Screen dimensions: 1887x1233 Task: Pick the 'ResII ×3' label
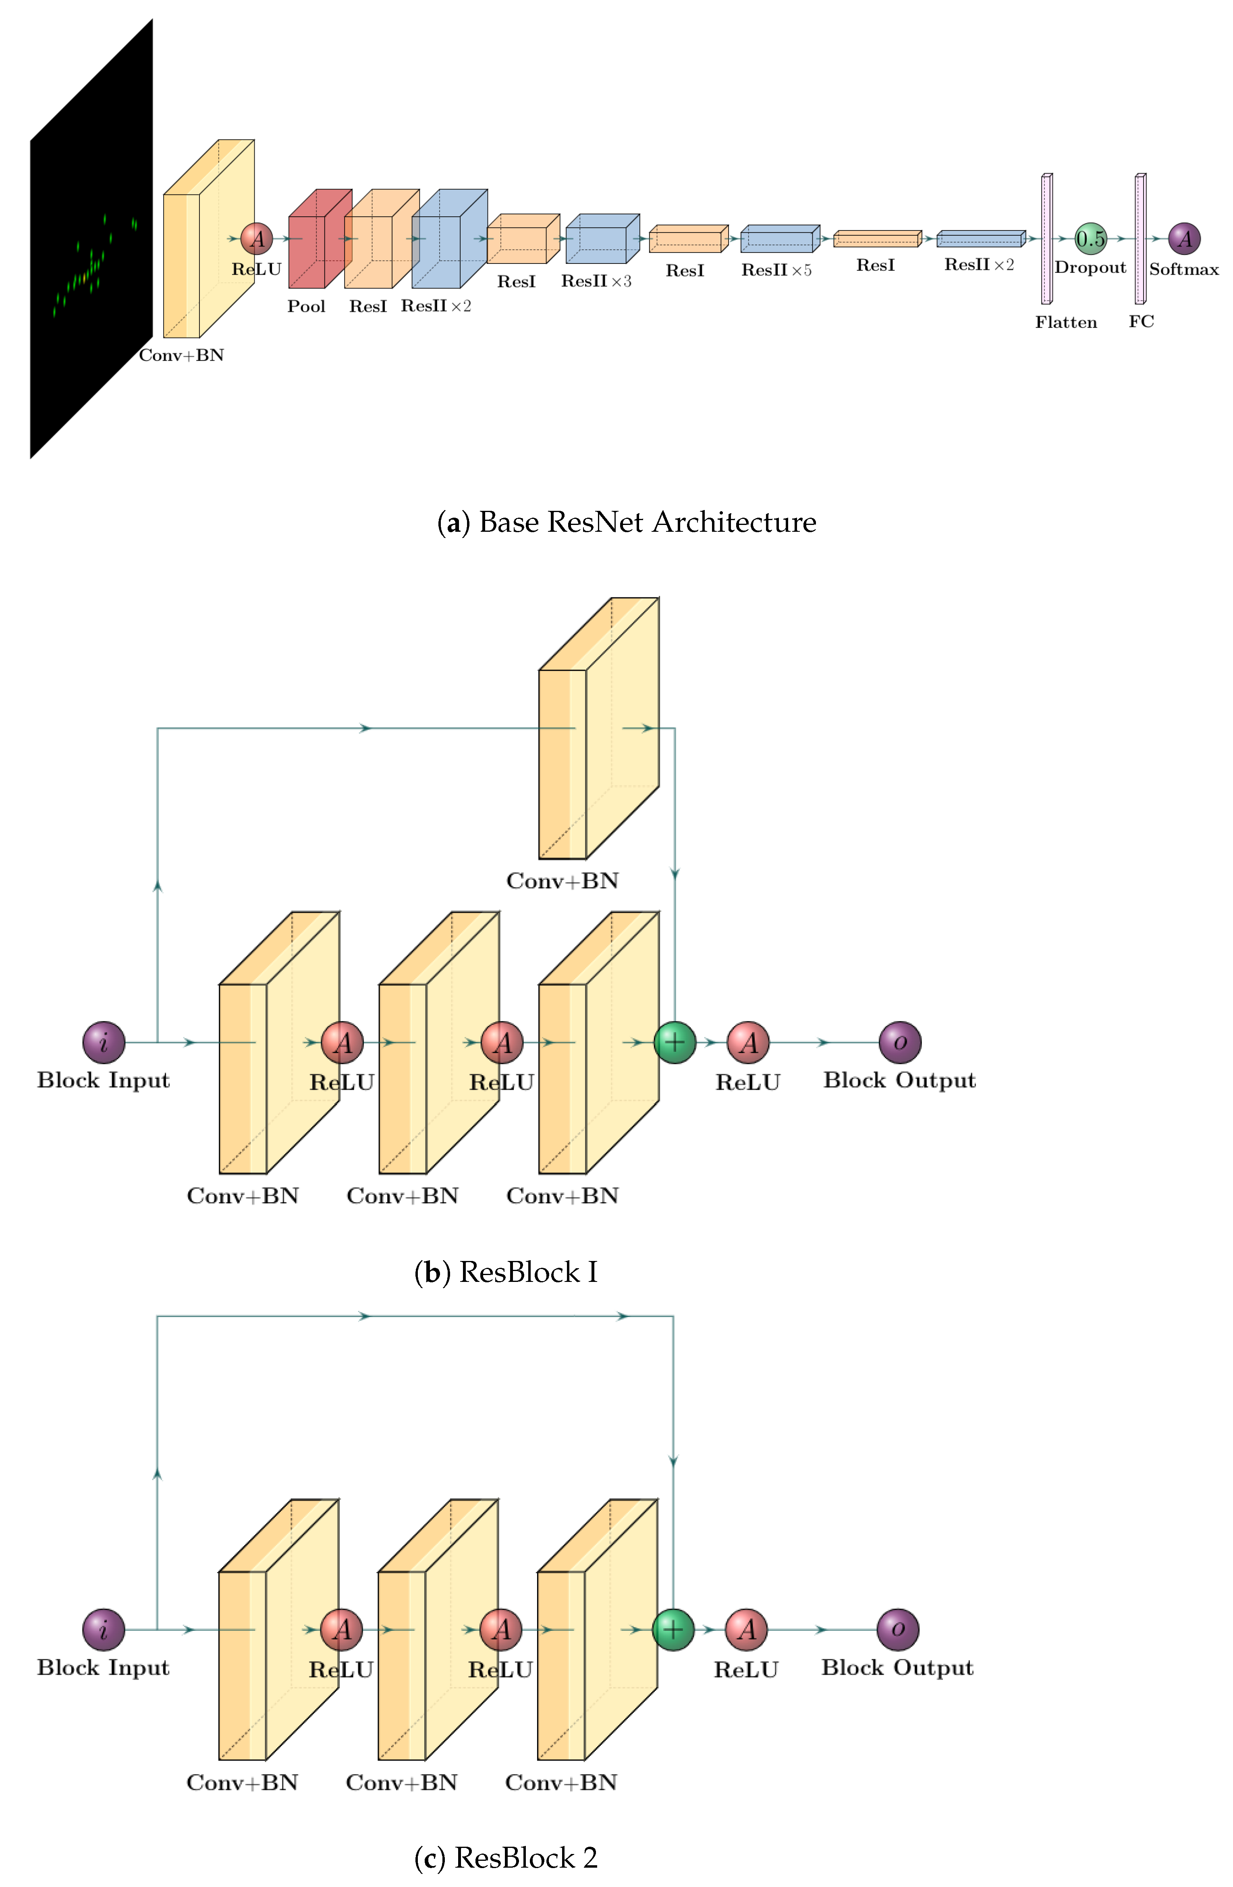pyautogui.click(x=596, y=282)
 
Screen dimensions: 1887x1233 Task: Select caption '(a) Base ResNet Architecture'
pyautogui.click(x=627, y=522)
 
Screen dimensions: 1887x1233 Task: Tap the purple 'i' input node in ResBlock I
pyautogui.click(x=104, y=1042)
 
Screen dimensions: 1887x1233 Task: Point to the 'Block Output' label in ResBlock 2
pyautogui.click(x=897, y=1667)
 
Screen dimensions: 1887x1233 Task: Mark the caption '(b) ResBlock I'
pyautogui.click(x=506, y=1272)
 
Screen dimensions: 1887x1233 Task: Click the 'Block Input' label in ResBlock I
pyautogui.click(x=104, y=1080)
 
